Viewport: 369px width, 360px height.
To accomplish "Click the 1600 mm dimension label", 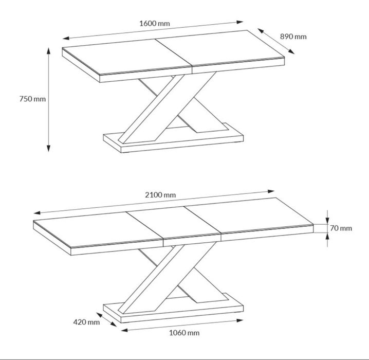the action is point(155,23).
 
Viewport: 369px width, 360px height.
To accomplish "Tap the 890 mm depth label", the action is point(293,37).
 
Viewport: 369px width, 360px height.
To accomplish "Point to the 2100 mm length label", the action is point(160,195).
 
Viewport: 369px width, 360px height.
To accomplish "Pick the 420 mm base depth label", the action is point(86,322).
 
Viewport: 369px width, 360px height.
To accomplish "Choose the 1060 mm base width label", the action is point(184,333).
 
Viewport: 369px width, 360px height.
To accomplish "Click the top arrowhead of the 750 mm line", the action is point(49,50).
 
